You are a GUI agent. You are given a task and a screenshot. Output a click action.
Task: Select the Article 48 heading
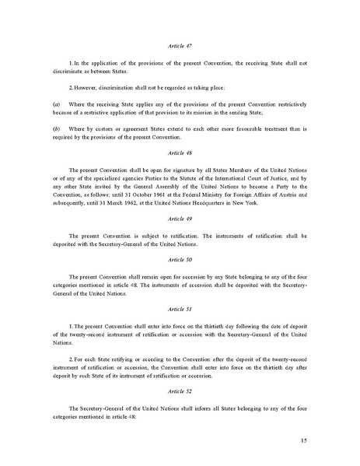pos(179,154)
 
